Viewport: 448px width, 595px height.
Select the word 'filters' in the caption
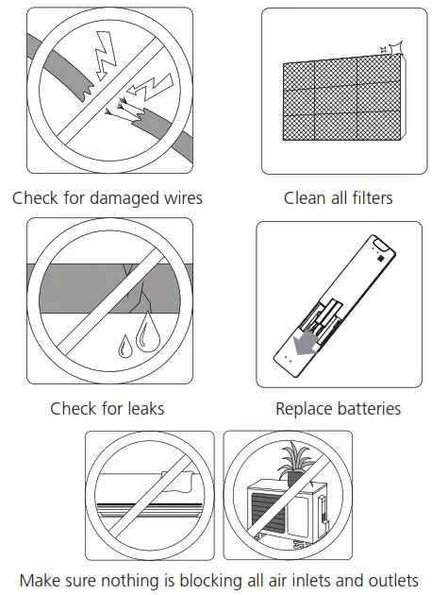[x=369, y=198]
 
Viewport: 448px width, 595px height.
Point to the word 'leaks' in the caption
[x=143, y=408]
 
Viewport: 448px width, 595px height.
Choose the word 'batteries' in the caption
[x=368, y=408]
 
